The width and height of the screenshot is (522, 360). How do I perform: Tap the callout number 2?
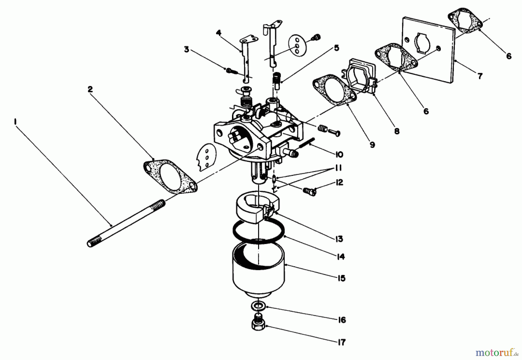[90, 89]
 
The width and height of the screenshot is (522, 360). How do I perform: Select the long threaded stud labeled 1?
[126, 223]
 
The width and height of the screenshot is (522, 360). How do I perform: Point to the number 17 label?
[342, 342]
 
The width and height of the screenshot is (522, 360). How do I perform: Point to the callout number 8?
[397, 131]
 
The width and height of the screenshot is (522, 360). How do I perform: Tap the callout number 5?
[336, 48]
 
